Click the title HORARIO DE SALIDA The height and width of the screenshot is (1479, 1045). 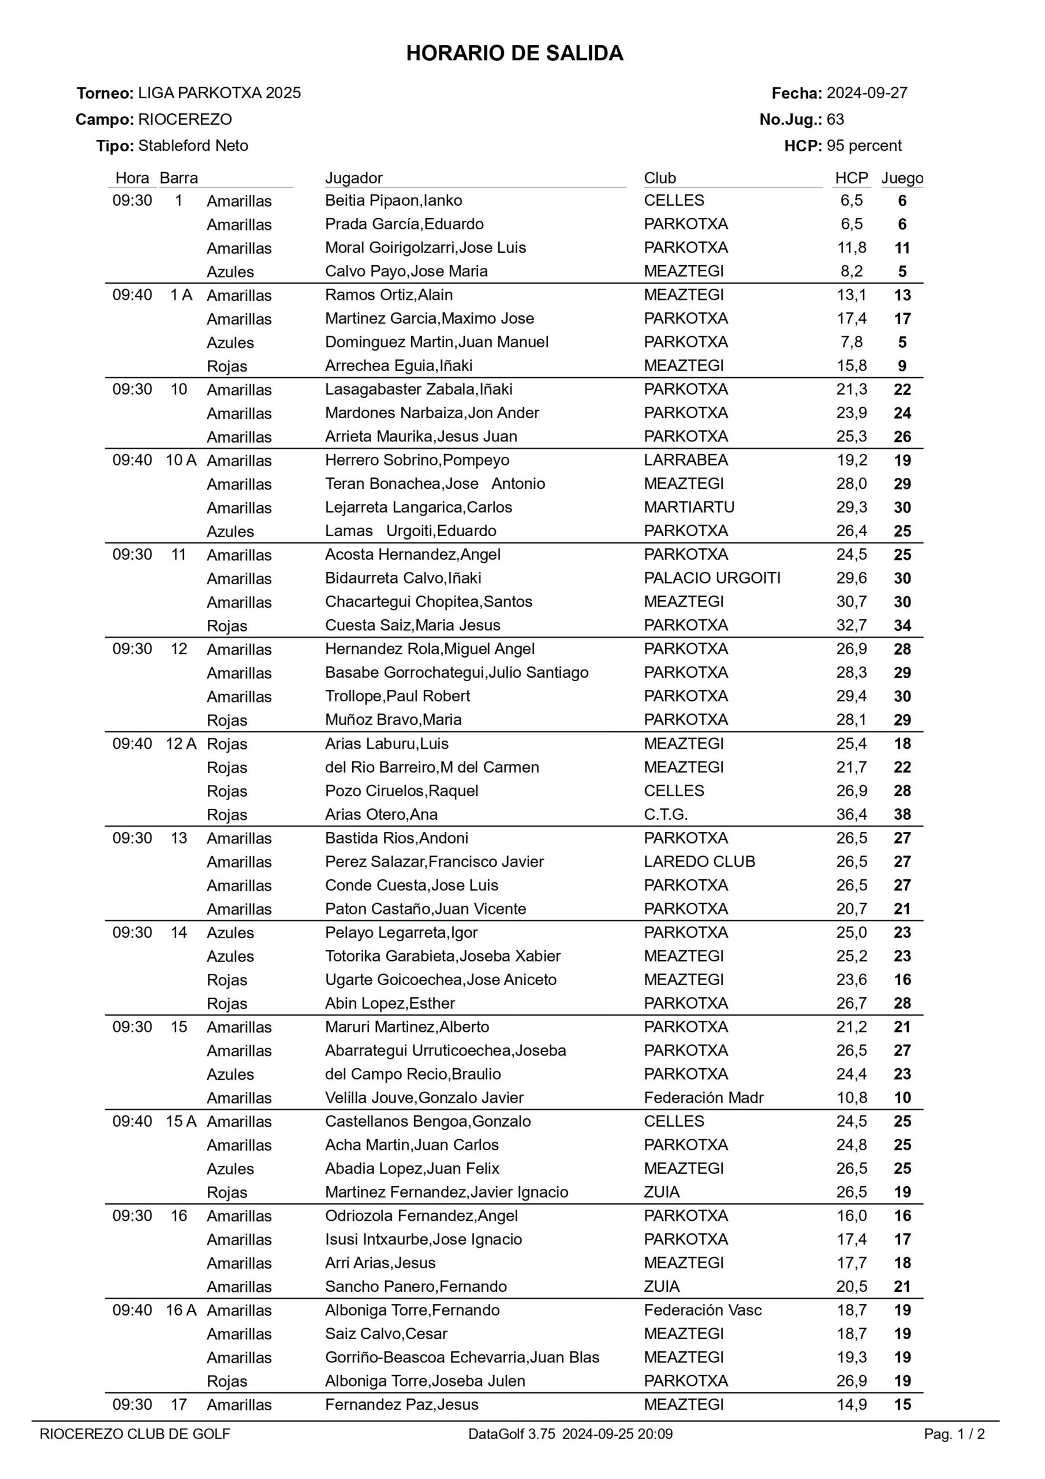pyautogui.click(x=514, y=53)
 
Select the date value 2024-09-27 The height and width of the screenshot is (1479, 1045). pyautogui.click(x=867, y=94)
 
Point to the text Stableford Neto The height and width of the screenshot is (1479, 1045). pyautogui.click(x=193, y=146)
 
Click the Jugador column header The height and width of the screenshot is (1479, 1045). pyautogui.click(x=353, y=178)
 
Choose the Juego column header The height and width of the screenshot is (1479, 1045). pyautogui.click(x=901, y=178)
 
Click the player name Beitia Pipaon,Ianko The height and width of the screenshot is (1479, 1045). pyautogui.click(x=393, y=200)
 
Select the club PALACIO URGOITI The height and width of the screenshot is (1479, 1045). pyautogui.click(x=711, y=578)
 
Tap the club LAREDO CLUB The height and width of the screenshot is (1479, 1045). pyautogui.click(x=699, y=861)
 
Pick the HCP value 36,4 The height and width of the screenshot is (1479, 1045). pyautogui.click(x=851, y=814)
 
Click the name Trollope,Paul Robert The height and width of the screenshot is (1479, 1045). pyautogui.click(x=397, y=696)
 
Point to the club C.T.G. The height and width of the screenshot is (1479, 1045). pyautogui.click(x=666, y=814)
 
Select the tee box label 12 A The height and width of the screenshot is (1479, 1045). pyautogui.click(x=181, y=744)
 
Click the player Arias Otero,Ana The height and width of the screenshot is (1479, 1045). pyautogui.click(x=381, y=814)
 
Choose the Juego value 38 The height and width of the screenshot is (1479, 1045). pyautogui.click(x=902, y=814)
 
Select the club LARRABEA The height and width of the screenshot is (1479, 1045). pyautogui.click(x=686, y=460)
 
